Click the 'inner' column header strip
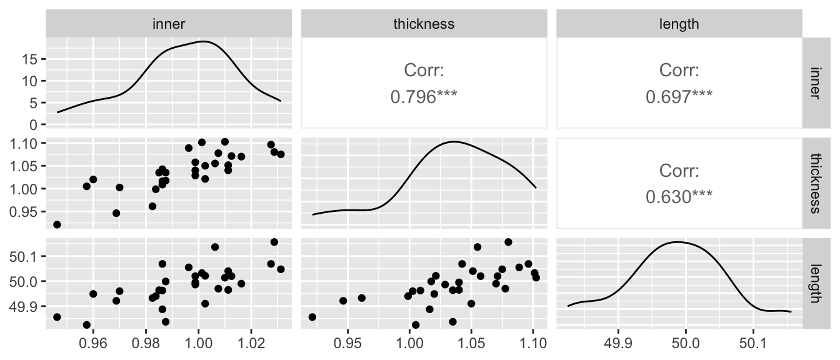point(169,24)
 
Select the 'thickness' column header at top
point(424,24)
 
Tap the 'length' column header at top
point(679,24)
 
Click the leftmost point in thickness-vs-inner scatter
point(57,224)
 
